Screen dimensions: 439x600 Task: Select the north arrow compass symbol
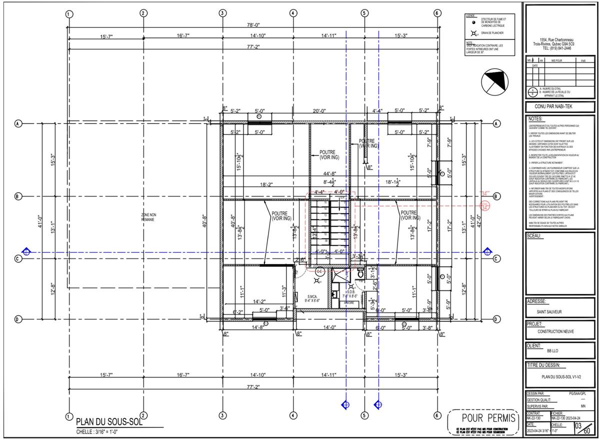pyautogui.click(x=493, y=81)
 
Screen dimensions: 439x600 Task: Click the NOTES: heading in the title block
pyautogui.click(x=535, y=119)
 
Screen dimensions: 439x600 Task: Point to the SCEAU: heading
pyautogui.click(x=535, y=235)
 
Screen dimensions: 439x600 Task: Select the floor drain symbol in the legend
pyautogui.click(x=473, y=33)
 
